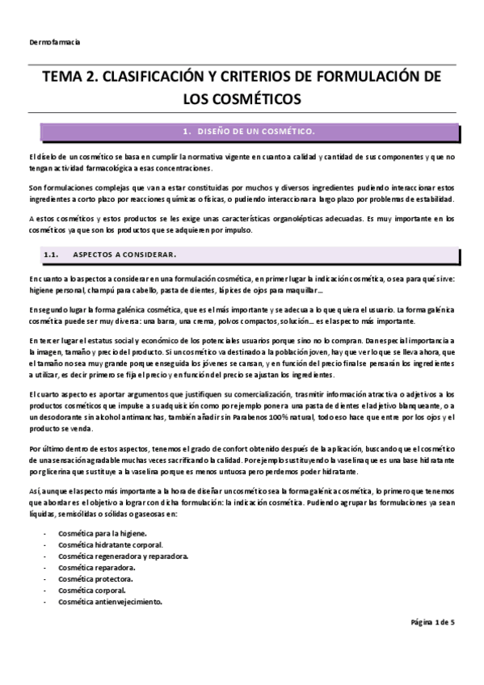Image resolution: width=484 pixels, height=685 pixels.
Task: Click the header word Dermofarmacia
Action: click(x=53, y=41)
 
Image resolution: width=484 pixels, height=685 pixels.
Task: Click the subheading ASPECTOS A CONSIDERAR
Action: click(x=124, y=255)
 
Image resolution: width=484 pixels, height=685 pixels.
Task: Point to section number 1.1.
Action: click(x=51, y=255)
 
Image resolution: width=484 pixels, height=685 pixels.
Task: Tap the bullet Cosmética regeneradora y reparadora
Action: click(x=123, y=557)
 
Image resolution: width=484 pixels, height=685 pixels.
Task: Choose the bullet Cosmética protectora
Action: click(x=95, y=579)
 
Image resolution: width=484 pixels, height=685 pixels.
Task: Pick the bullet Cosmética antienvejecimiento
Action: click(x=110, y=602)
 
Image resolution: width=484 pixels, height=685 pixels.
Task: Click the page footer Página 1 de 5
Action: click(x=433, y=623)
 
